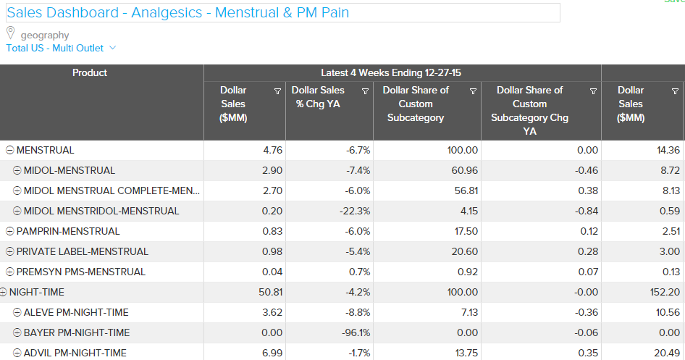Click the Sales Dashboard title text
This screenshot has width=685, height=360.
[178, 13]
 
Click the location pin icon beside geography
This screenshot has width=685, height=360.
[11, 33]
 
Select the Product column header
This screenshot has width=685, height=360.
[90, 72]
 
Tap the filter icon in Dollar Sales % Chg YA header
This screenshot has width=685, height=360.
[365, 91]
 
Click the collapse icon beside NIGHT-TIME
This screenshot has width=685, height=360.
[4, 292]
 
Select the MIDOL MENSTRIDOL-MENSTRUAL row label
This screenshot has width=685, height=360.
[101, 211]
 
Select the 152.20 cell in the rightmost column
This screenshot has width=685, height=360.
[664, 292]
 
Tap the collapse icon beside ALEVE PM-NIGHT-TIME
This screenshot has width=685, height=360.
[18, 312]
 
